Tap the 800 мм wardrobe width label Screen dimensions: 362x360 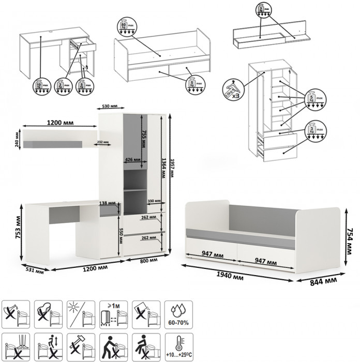tap(148, 261)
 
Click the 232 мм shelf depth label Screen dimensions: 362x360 tap(103, 142)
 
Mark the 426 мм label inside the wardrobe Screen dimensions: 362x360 tap(133, 160)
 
